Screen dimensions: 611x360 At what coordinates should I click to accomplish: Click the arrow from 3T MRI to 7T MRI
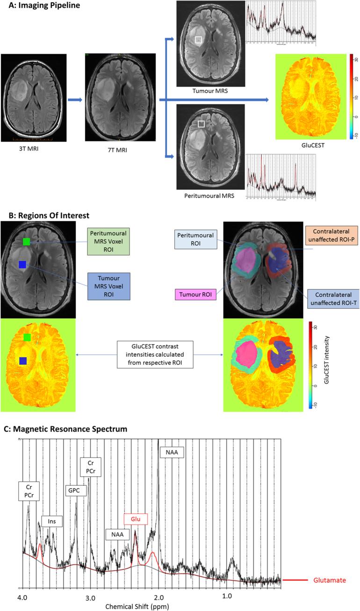coord(75,100)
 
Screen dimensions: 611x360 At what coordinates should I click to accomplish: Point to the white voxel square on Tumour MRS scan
coord(199,40)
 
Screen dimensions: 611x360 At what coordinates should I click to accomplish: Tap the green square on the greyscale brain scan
coord(27,242)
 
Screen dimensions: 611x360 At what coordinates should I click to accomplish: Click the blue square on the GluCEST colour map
coord(22,361)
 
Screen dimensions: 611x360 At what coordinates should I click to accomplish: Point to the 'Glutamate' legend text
coord(330,580)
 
